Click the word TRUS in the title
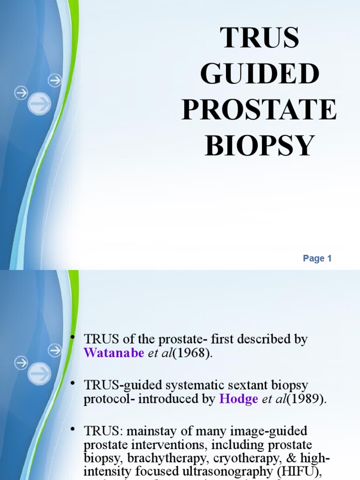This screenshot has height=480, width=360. point(259,38)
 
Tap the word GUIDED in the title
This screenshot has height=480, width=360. point(259,74)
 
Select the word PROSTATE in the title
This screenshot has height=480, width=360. point(259,110)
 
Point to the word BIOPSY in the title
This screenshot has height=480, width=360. point(259,145)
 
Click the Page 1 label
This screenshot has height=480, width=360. point(317,258)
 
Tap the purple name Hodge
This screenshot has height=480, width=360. point(239,399)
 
